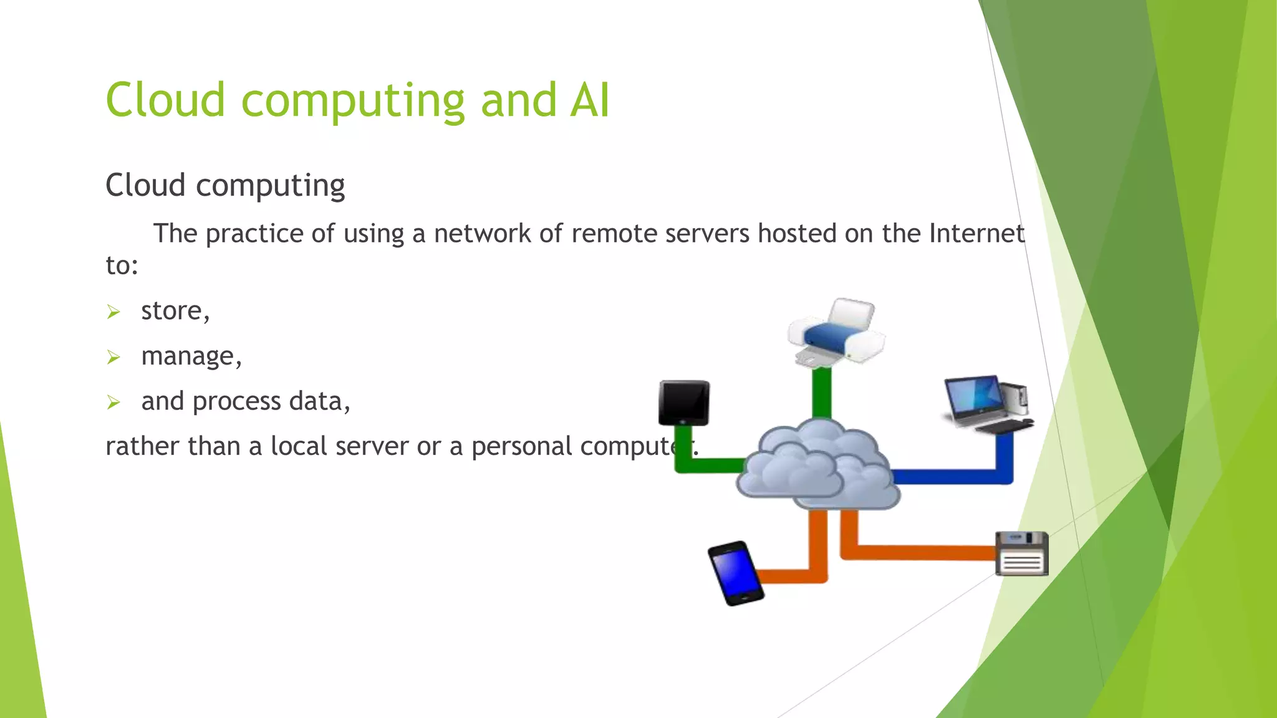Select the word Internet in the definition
tap(976, 234)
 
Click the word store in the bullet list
tap(171, 311)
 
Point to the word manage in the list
tap(187, 357)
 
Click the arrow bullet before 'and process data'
tap(113, 403)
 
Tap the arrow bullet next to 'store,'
tap(113, 312)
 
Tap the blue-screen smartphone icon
tap(736, 573)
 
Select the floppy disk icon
tap(1021, 553)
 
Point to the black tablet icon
tap(684, 403)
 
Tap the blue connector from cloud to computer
tap(954, 477)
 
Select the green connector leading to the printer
tap(822, 393)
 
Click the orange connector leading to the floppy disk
tap(917, 552)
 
